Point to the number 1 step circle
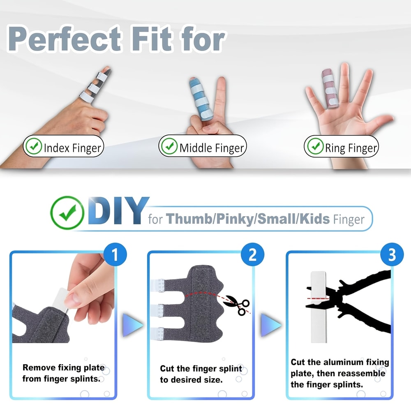tap(114, 255)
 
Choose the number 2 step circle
tap(252, 255)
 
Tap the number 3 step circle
tap(392, 255)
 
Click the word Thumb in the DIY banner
tap(187, 219)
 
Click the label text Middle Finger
tap(212, 148)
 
